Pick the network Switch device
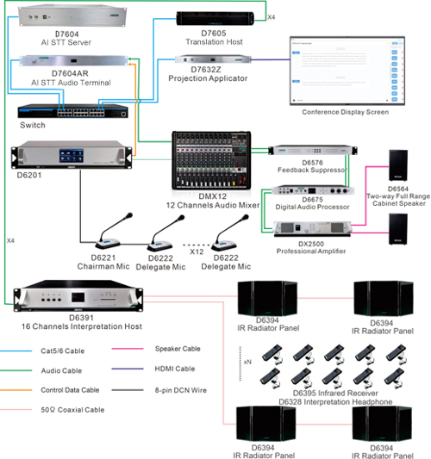(73, 110)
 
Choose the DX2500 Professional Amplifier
(309, 227)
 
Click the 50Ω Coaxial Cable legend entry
(74, 411)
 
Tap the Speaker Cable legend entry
(178, 350)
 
